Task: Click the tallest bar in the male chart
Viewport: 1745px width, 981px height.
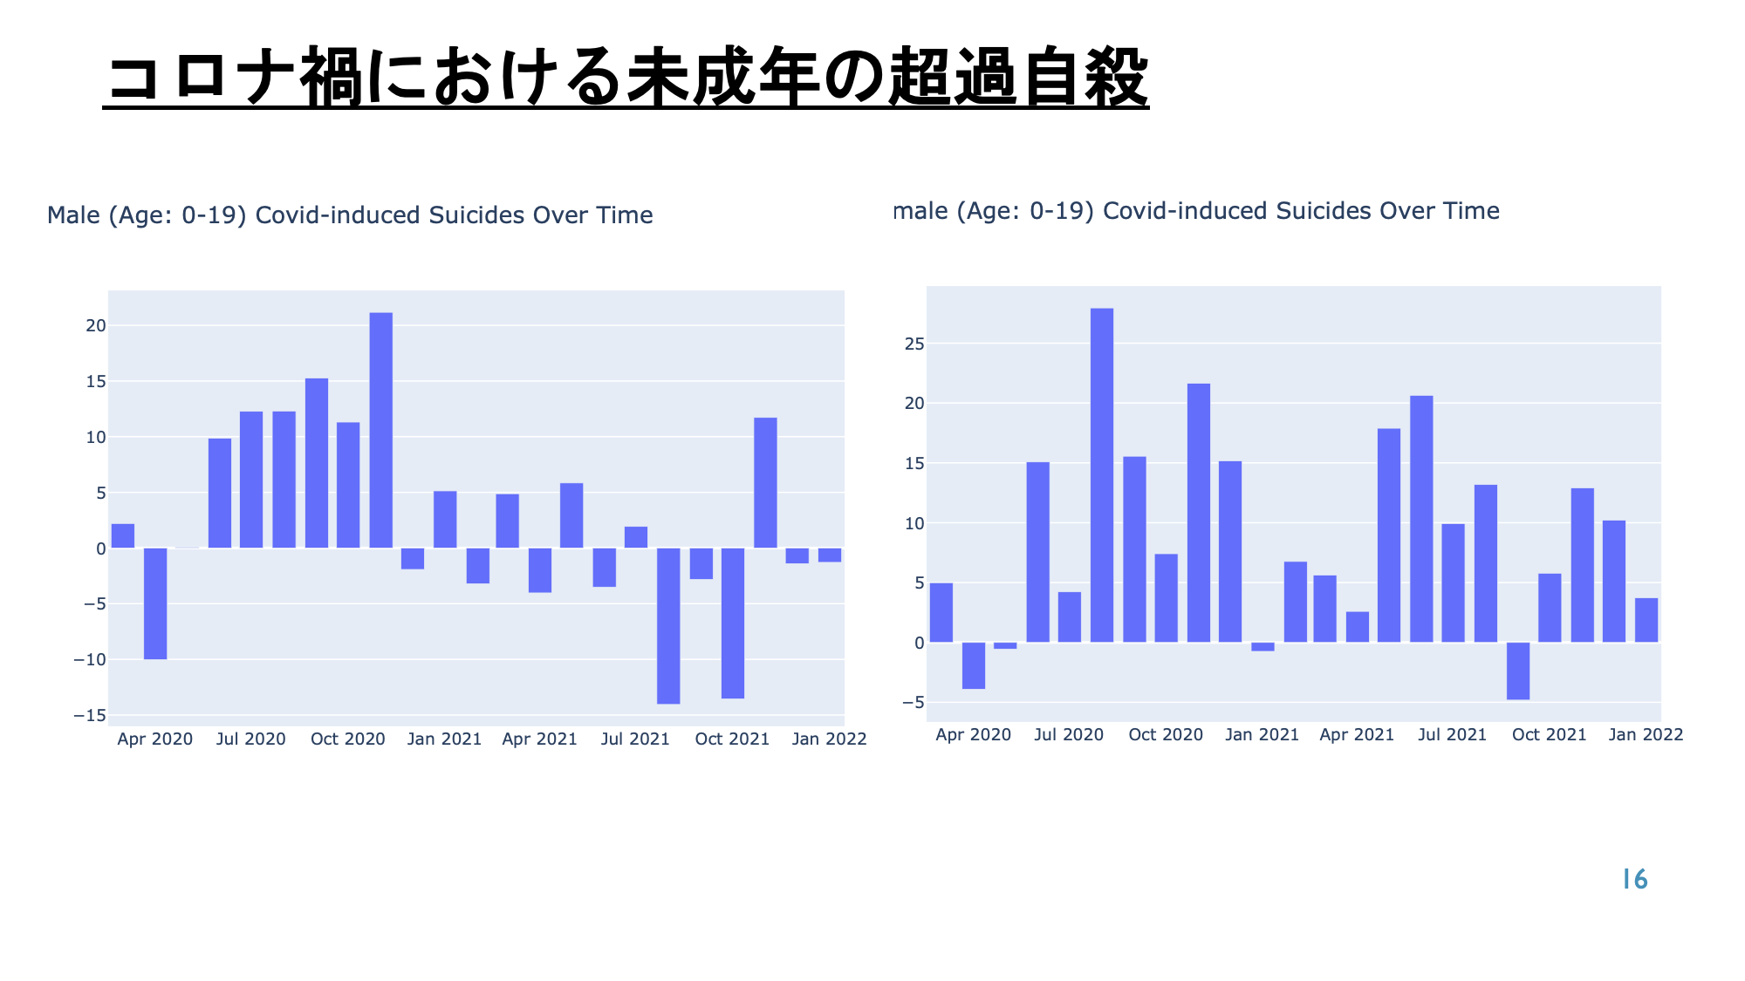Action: point(380,430)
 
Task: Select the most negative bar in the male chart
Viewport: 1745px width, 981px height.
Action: point(668,626)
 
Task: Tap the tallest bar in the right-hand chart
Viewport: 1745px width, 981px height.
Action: point(1102,475)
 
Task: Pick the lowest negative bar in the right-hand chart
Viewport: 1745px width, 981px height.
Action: point(1518,671)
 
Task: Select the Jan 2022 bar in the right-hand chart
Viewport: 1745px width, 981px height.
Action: point(1646,620)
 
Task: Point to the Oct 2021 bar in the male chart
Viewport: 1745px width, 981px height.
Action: point(733,623)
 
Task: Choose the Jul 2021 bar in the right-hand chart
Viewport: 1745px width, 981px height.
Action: point(1454,583)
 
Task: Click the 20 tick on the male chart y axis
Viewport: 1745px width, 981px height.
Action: point(95,325)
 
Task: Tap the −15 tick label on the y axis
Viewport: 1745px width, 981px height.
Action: point(90,715)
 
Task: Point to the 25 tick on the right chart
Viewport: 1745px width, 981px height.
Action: point(914,344)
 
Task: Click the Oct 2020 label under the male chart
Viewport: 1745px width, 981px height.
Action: point(347,739)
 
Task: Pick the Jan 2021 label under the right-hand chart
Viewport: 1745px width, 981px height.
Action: point(1262,734)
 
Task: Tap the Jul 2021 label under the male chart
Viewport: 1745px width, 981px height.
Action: point(635,739)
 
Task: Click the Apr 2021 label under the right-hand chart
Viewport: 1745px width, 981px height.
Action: point(1357,734)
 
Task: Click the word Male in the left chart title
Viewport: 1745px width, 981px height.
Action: point(73,215)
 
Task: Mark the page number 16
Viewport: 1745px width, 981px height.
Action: point(1634,879)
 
